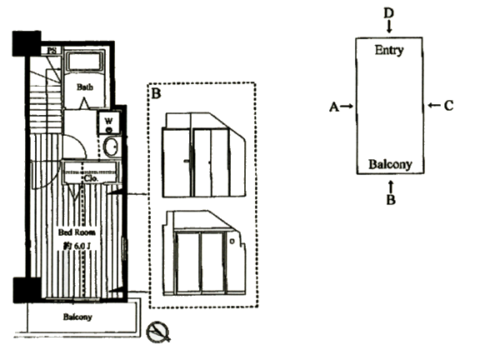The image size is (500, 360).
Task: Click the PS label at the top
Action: pos(52,50)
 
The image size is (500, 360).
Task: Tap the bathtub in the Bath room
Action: pos(83,62)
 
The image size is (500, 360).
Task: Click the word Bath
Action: pos(84,86)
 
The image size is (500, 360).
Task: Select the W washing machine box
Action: pos(109,122)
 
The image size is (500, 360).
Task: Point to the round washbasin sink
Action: pos(110,147)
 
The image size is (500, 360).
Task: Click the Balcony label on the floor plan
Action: pos(77,317)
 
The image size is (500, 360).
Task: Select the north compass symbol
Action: pos(158,332)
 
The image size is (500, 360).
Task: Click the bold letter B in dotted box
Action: pos(155,92)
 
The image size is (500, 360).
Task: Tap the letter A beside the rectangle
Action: pos(333,107)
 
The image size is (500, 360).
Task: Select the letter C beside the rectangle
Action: pos(448,106)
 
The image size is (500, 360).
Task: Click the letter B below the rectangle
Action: pos(390,199)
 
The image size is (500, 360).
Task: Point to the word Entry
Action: pos(389,50)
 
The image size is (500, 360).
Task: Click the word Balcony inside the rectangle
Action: pos(390,165)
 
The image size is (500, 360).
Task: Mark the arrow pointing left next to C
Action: pos(432,106)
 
